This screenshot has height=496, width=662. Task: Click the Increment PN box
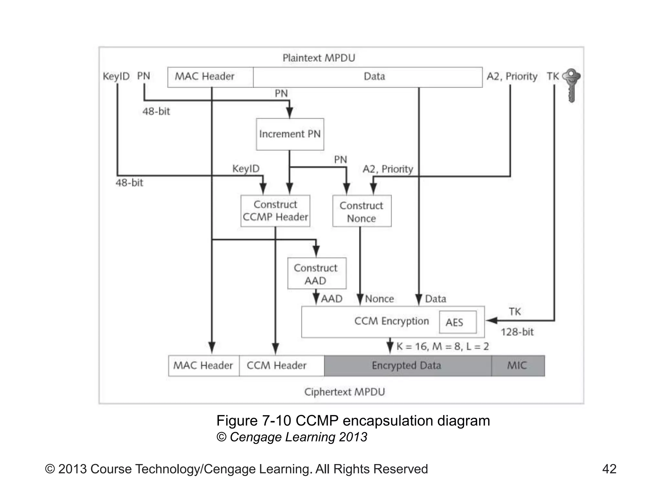click(290, 134)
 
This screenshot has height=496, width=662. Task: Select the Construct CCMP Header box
click(275, 211)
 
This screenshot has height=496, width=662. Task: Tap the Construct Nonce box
click(361, 212)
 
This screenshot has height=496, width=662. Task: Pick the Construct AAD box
click(316, 274)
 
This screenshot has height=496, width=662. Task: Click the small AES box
click(457, 322)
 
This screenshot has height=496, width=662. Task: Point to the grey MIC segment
click(518, 366)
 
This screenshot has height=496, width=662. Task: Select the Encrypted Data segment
click(407, 366)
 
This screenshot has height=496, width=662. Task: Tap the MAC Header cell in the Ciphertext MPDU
click(203, 366)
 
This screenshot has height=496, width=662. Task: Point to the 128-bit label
click(517, 332)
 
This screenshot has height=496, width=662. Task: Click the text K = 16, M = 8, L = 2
click(443, 347)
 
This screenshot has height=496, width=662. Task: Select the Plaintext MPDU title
click(319, 58)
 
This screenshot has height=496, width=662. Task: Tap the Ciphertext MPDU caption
click(345, 392)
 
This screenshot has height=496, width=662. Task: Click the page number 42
click(609, 469)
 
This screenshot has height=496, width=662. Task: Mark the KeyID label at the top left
click(116, 77)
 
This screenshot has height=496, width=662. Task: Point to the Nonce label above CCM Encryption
click(379, 299)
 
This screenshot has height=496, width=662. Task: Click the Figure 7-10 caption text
click(353, 421)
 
